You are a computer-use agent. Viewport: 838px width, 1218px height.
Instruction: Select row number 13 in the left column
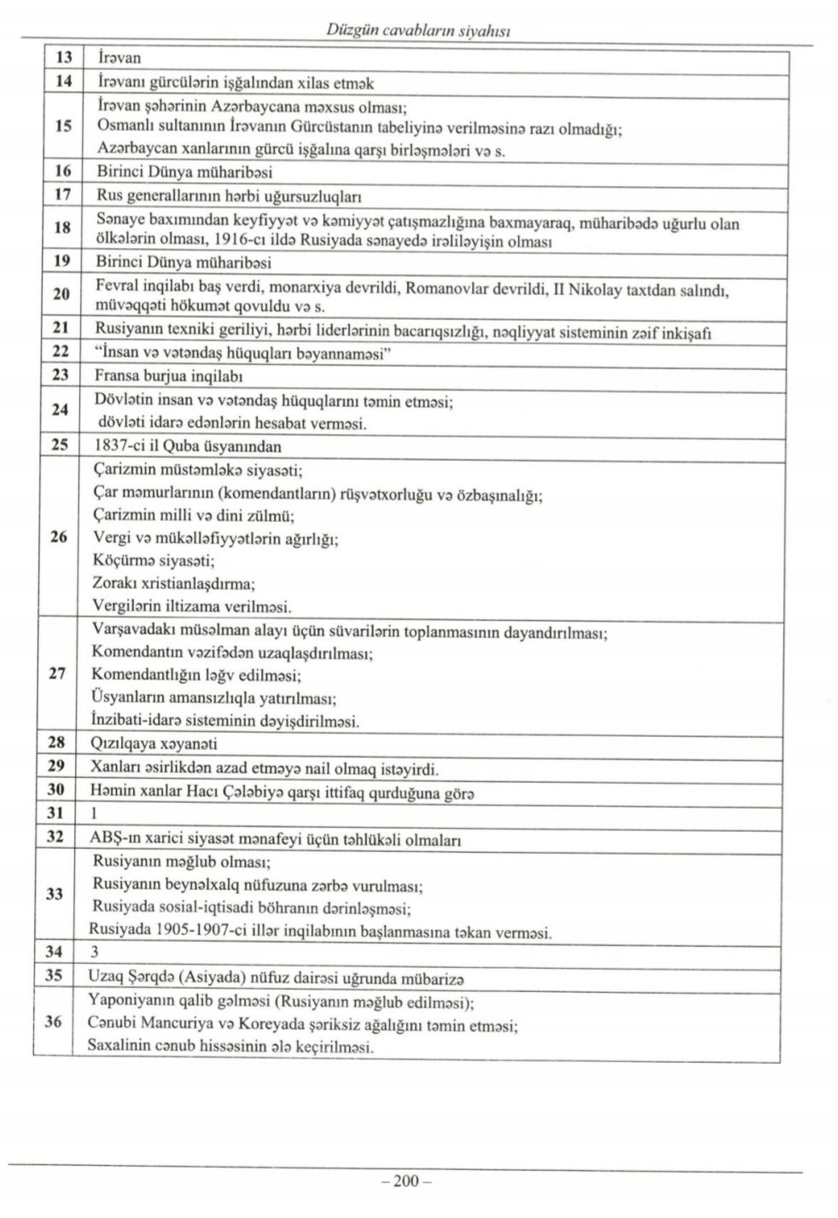pyautogui.click(x=62, y=59)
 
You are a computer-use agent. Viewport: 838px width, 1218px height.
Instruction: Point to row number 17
pyautogui.click(x=61, y=194)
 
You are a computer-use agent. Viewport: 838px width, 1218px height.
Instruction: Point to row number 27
pyautogui.click(x=58, y=674)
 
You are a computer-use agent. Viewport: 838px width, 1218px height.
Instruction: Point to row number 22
pyautogui.click(x=61, y=353)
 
